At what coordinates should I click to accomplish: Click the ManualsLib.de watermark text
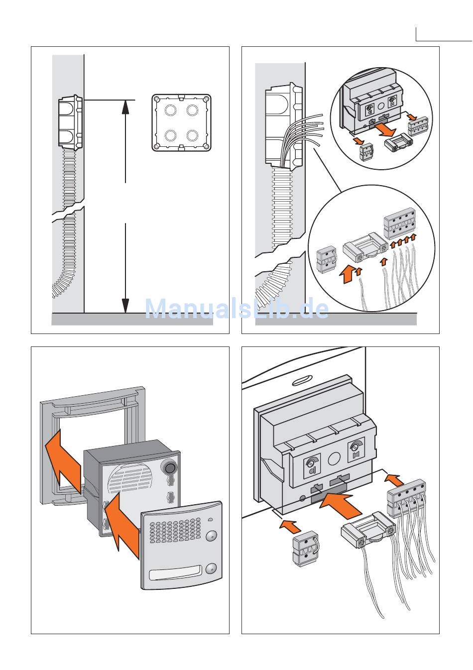(236, 309)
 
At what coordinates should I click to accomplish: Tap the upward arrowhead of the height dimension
(125, 107)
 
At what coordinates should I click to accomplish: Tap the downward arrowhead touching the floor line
(125, 306)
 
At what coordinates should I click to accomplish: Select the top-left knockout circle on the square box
(170, 110)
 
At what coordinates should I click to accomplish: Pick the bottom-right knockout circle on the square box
(192, 135)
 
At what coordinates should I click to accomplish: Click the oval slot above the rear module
(301, 382)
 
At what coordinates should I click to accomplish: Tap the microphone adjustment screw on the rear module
(310, 463)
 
